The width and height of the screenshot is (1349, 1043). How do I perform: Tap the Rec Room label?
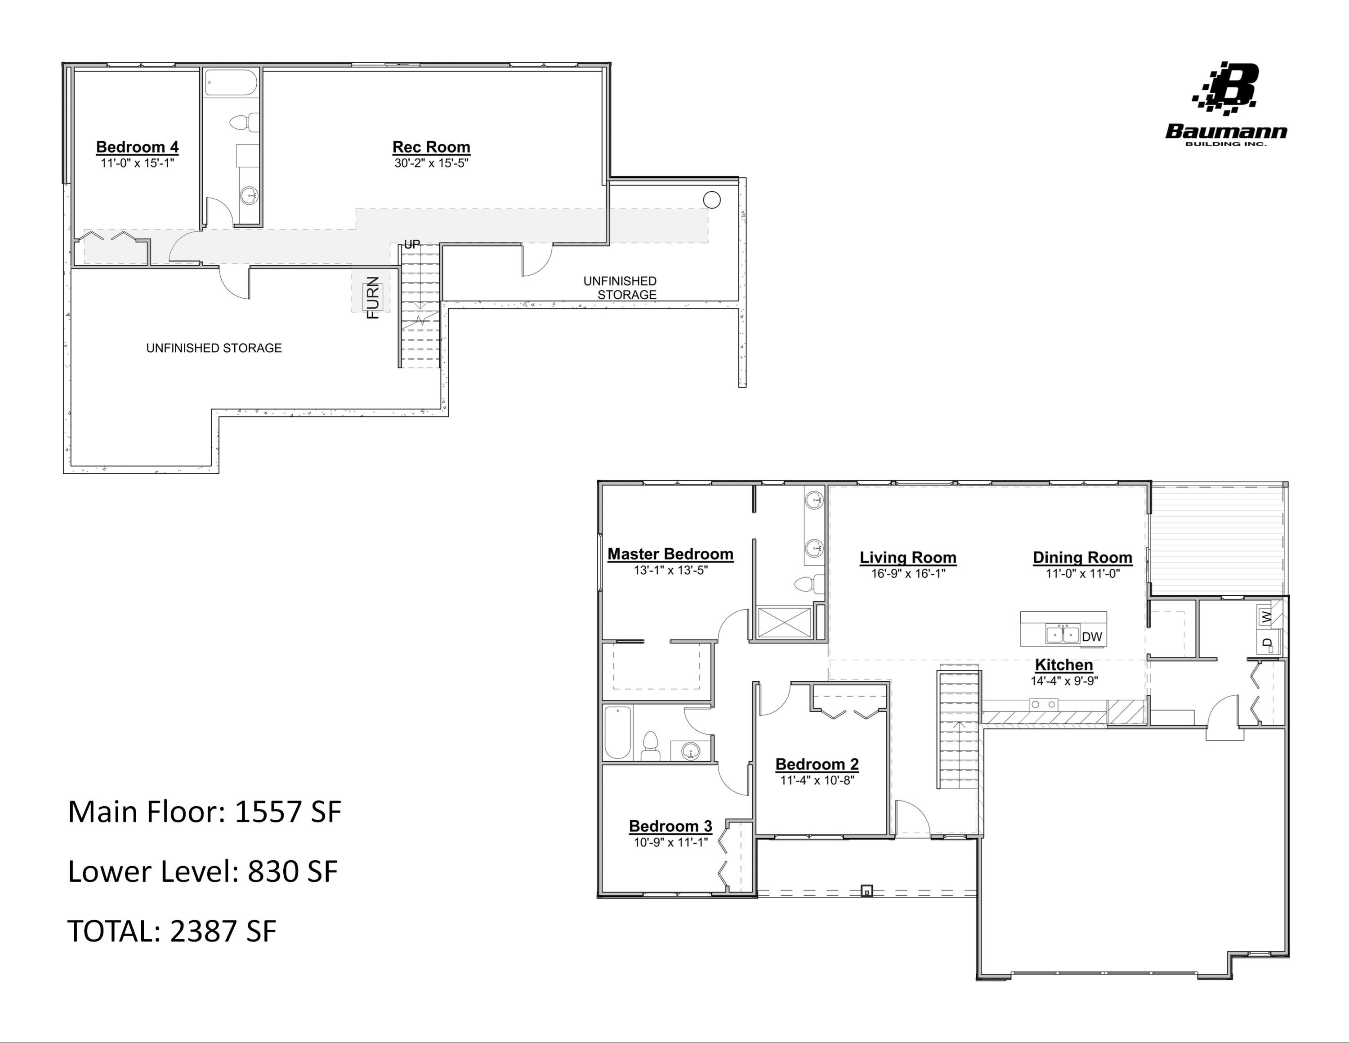431,147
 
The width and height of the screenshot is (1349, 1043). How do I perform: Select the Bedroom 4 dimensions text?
138,163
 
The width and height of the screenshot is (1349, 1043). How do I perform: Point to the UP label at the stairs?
412,244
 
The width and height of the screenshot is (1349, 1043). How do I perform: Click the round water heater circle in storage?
711,200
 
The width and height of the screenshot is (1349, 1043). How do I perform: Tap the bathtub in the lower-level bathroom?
230,83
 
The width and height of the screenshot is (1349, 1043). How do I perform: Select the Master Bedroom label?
670,554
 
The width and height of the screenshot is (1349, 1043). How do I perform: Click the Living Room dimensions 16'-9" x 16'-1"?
908,573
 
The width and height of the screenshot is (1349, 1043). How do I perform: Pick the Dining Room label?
1082,557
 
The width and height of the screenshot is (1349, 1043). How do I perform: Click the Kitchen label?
1063,665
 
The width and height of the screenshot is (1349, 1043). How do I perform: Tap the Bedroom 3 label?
670,826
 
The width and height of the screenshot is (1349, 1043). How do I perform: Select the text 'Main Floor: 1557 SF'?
204,812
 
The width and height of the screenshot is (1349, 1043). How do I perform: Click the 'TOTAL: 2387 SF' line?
172,931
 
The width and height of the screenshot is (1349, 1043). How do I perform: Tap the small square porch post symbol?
867,891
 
